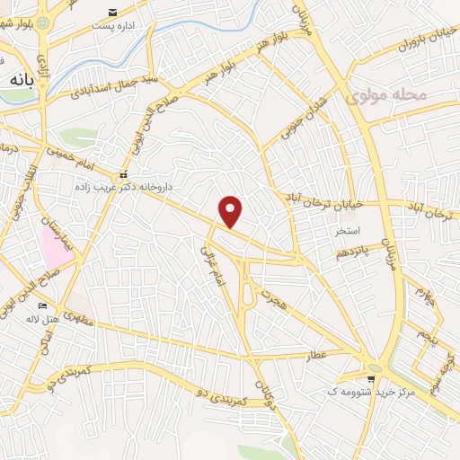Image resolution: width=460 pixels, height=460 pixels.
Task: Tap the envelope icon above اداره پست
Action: click(x=111, y=13)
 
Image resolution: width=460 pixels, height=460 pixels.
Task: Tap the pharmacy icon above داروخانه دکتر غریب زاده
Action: click(x=124, y=173)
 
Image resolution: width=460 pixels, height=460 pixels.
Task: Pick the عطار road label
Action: click(x=317, y=357)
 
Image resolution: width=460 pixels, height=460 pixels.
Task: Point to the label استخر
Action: click(x=347, y=232)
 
